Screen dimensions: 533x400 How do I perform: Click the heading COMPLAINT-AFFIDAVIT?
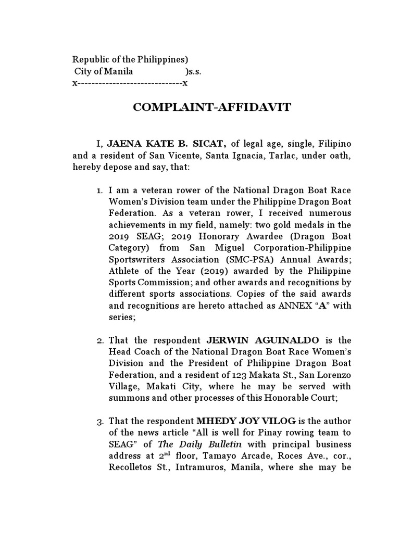(x=212, y=108)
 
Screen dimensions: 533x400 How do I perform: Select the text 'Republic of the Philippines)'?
(x=130, y=59)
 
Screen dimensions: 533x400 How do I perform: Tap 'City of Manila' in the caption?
(x=104, y=71)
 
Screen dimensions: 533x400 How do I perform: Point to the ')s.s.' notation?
(x=193, y=71)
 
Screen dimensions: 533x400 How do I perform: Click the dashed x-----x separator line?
(x=130, y=83)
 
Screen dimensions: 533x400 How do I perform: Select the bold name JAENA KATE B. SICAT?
(x=167, y=143)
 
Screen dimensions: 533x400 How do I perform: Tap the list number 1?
(x=101, y=191)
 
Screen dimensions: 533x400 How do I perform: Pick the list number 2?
(x=101, y=341)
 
